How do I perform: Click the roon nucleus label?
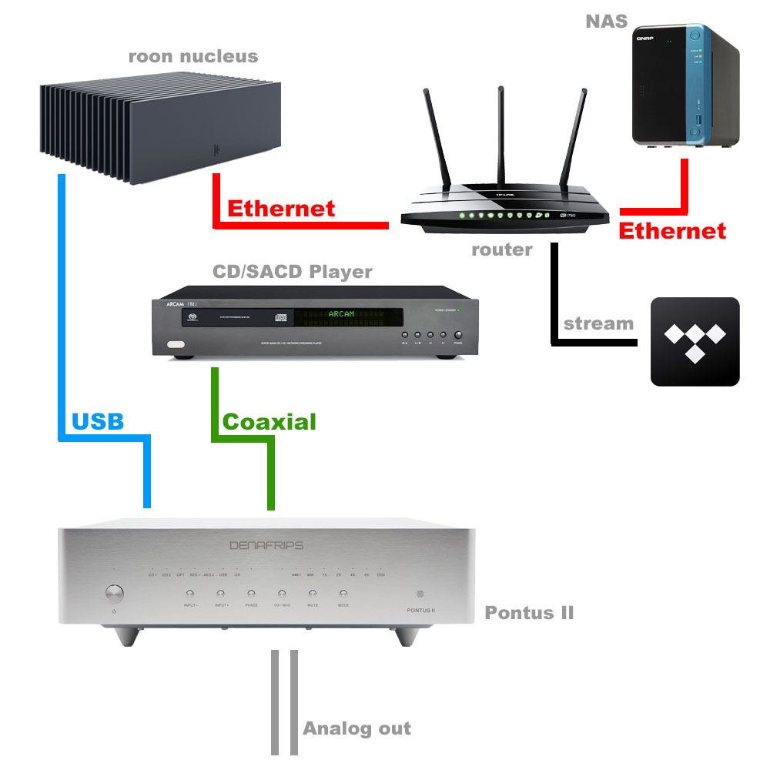coord(192,56)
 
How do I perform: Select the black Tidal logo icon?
coord(695,341)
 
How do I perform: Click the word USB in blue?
coord(98,421)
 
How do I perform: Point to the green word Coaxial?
coord(269,421)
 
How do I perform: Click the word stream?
coord(598,323)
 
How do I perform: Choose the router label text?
coord(501,249)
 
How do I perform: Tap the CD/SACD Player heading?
coord(292,272)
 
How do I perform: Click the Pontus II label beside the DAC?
coord(529,613)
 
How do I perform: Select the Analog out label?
coord(357,728)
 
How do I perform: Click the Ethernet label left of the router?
coord(281,208)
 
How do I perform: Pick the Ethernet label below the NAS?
coord(672,230)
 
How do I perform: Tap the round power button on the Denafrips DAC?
coord(114,593)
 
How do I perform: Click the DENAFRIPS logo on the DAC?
coord(266,545)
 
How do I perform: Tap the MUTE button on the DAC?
coord(312,594)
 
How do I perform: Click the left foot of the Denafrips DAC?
coord(129,636)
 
